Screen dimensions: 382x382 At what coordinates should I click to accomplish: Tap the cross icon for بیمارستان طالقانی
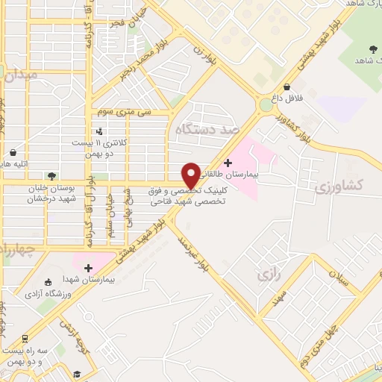pos(228,162)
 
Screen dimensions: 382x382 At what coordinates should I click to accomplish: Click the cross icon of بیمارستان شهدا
pos(89,267)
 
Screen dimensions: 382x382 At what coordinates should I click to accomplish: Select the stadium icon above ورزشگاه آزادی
pos(48,282)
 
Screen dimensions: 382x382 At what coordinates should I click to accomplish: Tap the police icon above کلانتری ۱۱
pos(100,132)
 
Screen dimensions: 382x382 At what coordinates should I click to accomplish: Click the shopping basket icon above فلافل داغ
pos(287,87)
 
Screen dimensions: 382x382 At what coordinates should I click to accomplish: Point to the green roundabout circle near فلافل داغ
pos(265,105)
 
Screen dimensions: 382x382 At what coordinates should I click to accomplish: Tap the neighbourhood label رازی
pos(268,276)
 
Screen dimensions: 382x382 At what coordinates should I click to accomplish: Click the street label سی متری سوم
pos(124,112)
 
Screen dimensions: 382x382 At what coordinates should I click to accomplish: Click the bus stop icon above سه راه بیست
pos(24,338)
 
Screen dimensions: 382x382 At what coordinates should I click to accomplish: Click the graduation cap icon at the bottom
pos(77,373)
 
